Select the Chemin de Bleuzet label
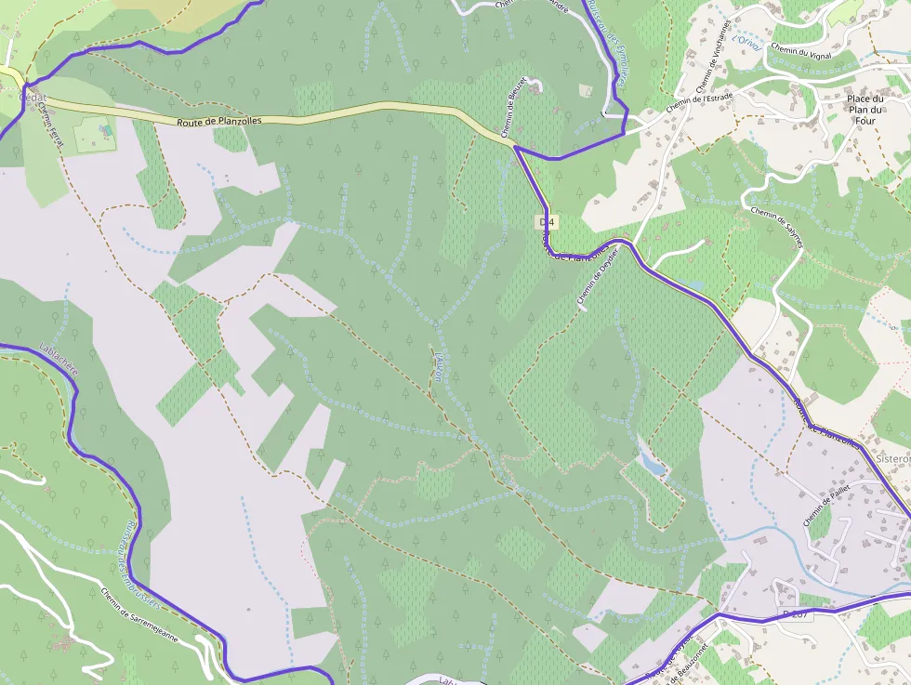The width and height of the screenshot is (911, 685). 516,107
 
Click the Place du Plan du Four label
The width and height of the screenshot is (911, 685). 864,109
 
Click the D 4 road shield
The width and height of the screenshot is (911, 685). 547,221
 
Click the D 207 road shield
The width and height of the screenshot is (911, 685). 796,614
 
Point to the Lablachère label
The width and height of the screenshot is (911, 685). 59,359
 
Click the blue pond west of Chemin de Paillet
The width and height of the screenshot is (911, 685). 652,463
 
